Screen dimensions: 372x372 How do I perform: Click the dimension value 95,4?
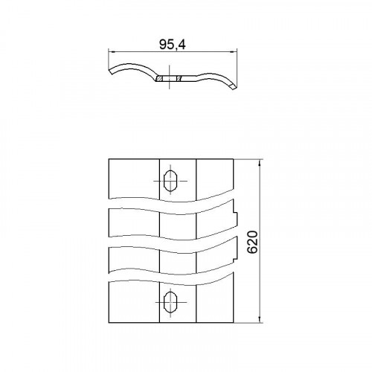pyautogui.click(x=173, y=45)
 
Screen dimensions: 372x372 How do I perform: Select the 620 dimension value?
pyautogui.click(x=253, y=242)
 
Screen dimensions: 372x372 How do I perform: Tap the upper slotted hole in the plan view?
pyautogui.click(x=170, y=181)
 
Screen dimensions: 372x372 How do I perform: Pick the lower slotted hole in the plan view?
pyautogui.click(x=170, y=302)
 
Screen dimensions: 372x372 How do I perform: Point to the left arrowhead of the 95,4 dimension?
pyautogui.click(x=111, y=52)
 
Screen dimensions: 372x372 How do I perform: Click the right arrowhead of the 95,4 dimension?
pyautogui.click(x=234, y=52)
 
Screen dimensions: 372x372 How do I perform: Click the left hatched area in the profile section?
pyautogui.click(x=159, y=78)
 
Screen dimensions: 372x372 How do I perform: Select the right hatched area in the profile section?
pyautogui.click(x=179, y=78)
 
